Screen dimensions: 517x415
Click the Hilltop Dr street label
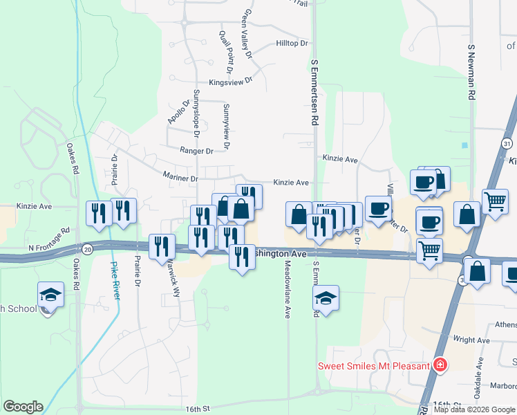click(291, 43)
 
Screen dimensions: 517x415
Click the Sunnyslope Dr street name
click(197, 118)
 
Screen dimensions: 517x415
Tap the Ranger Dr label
click(196, 151)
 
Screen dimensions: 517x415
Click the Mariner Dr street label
click(180, 178)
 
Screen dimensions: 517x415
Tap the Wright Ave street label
click(472, 340)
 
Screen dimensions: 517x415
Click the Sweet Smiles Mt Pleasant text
click(373, 365)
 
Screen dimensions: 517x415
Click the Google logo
click(23, 407)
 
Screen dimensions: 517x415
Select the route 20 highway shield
click(86, 248)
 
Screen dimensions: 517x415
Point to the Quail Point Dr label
click(226, 52)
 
